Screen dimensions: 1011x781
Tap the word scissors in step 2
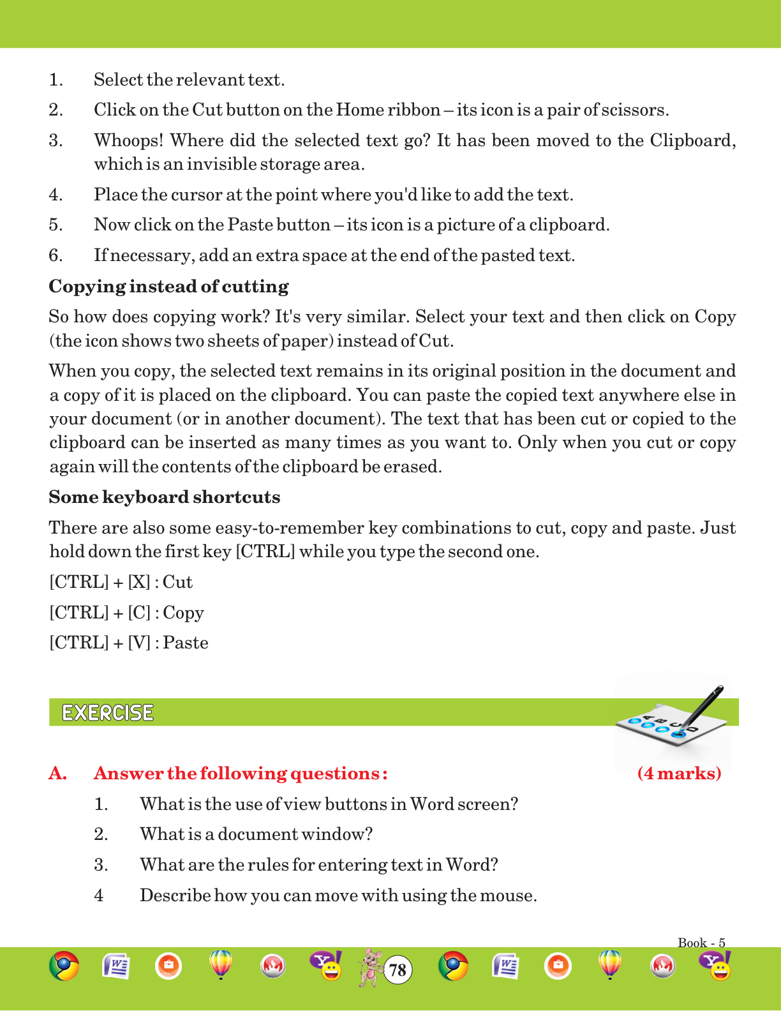pos(639,110)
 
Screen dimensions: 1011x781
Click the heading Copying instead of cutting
pos(168,287)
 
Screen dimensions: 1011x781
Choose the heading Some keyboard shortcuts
pos(165,497)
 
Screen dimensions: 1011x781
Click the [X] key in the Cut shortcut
pos(139,582)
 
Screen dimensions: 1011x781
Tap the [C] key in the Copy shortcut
pos(139,613)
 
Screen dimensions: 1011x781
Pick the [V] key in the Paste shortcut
pos(139,643)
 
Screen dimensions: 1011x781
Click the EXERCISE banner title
pos(108,713)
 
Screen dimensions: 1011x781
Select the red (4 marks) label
pos(680,774)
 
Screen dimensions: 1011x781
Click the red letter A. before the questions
pos(57,774)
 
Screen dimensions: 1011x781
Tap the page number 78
pos(398,971)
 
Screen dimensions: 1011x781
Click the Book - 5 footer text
pos(701,943)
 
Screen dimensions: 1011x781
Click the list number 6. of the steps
pos(56,255)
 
